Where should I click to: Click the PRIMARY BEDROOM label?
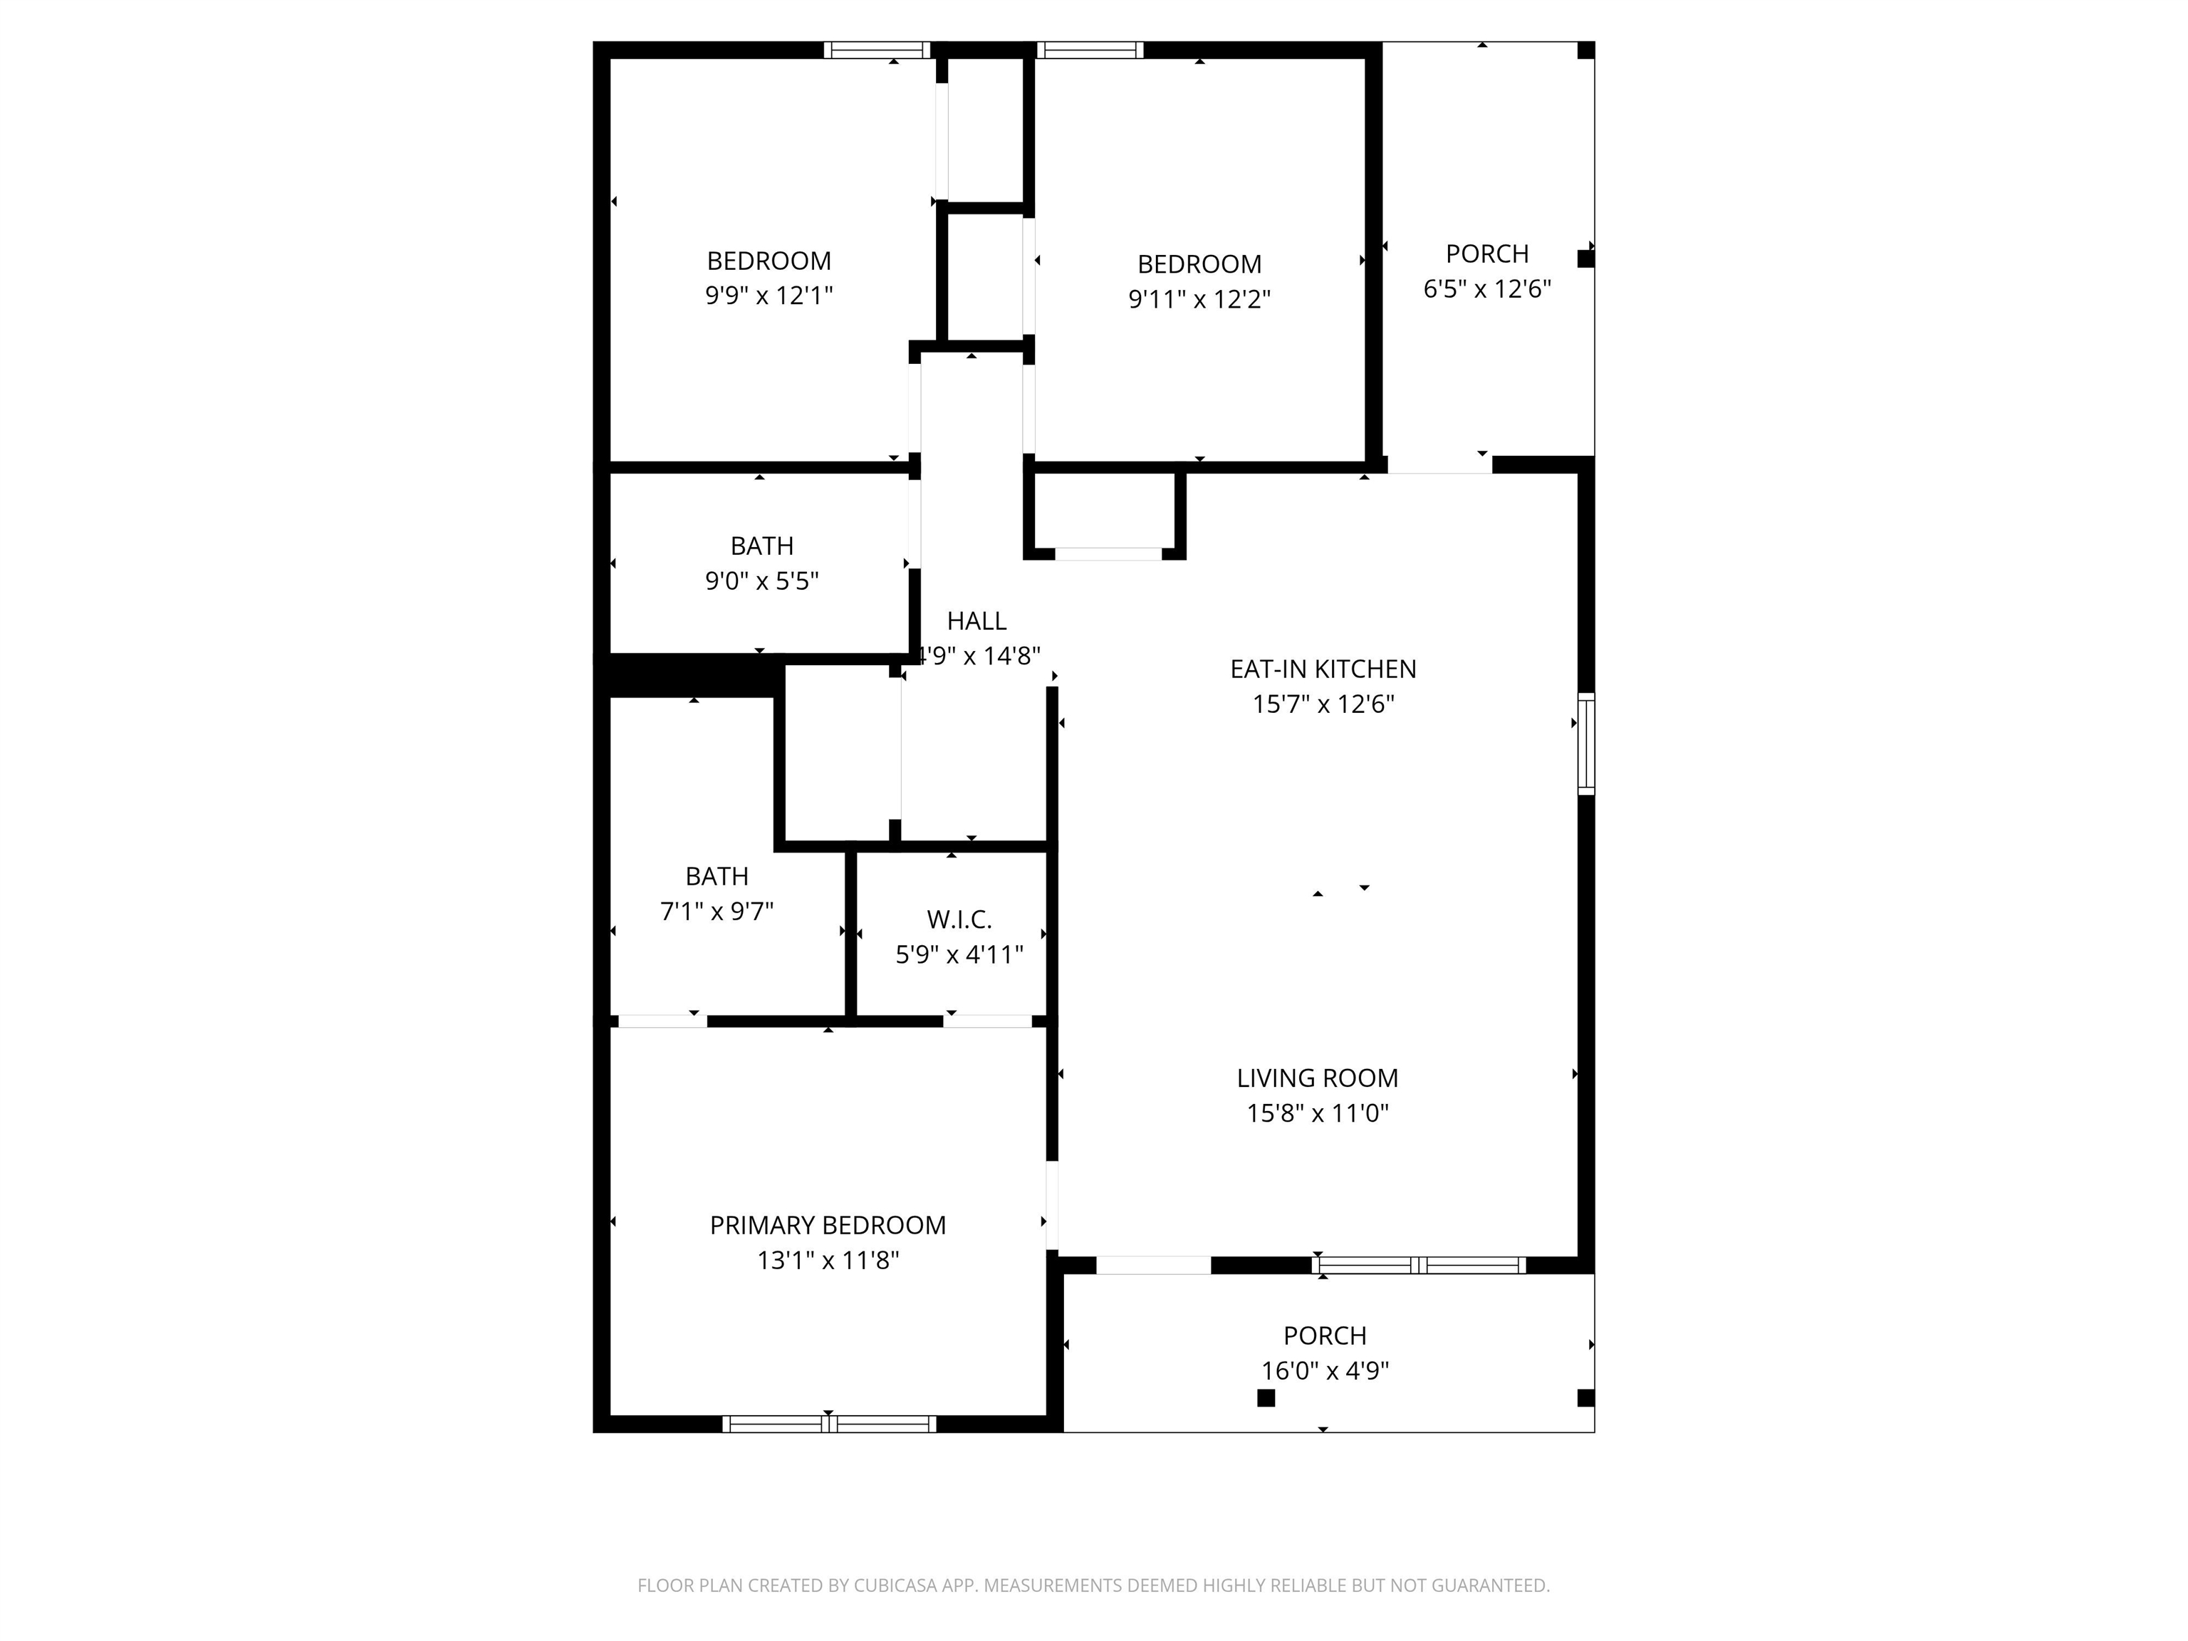(x=828, y=1226)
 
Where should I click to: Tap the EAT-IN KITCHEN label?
(x=1323, y=670)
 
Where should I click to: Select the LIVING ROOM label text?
(x=1318, y=1078)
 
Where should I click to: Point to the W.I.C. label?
(x=959, y=920)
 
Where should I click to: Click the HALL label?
(x=976, y=621)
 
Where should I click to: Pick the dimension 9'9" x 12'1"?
(x=769, y=296)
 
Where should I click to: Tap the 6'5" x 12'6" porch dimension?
(x=1486, y=289)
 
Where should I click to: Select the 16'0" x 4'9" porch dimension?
(x=1325, y=1371)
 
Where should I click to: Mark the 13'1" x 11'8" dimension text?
(x=828, y=1260)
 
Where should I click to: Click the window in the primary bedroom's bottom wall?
(x=829, y=1424)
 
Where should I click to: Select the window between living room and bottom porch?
(x=1419, y=1265)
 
